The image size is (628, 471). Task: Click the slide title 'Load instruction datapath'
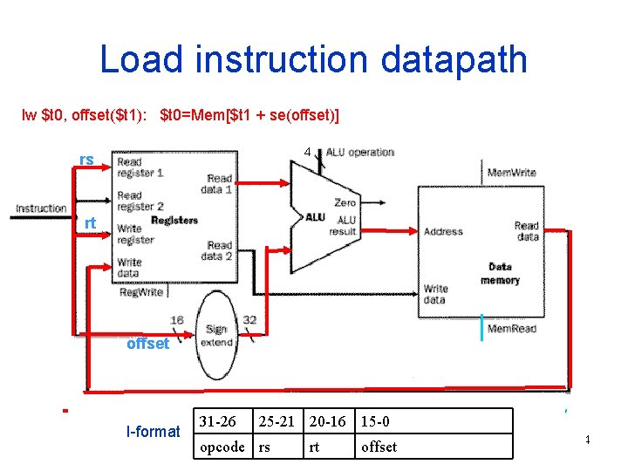pyautogui.click(x=313, y=59)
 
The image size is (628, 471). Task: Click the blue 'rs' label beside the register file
pyautogui.click(x=86, y=160)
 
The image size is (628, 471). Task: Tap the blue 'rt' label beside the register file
pyautogui.click(x=89, y=224)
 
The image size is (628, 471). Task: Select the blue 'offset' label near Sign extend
pyautogui.click(x=147, y=344)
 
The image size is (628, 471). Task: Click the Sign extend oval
pyautogui.click(x=215, y=336)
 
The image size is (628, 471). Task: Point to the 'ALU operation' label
pyautogui.click(x=359, y=153)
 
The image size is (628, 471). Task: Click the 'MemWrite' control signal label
pyautogui.click(x=511, y=173)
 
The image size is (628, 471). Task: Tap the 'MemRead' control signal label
pyautogui.click(x=511, y=329)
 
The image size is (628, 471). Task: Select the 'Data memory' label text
pyautogui.click(x=500, y=273)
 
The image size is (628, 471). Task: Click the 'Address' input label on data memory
pyautogui.click(x=443, y=232)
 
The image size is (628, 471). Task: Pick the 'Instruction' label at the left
pyautogui.click(x=41, y=208)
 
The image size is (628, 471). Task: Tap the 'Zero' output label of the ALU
pyautogui.click(x=345, y=201)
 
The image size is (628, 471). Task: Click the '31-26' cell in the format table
pyautogui.click(x=217, y=422)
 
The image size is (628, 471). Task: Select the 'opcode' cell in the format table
pyautogui.click(x=222, y=447)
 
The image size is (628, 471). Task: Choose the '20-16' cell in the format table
pyautogui.click(x=328, y=422)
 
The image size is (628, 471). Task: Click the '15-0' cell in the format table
pyautogui.click(x=376, y=422)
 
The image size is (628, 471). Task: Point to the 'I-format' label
pyautogui.click(x=153, y=432)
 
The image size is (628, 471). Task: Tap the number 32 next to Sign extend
pyautogui.click(x=249, y=320)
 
